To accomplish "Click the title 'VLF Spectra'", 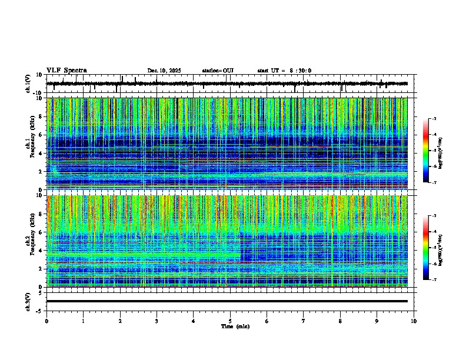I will click(x=66, y=71).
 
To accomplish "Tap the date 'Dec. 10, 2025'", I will click(x=164, y=71).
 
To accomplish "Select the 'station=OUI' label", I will click(x=218, y=71).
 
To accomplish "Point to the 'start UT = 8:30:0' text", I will click(x=284, y=71).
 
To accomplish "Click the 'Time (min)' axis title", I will click(x=235, y=326).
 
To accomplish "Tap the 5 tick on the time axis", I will click(x=230, y=321).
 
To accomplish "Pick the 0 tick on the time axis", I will click(x=46, y=321).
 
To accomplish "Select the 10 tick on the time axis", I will click(x=414, y=321).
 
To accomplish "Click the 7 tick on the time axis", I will click(x=304, y=321).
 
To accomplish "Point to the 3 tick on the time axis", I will click(x=157, y=321).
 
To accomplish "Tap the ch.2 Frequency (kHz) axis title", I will click(x=31, y=241).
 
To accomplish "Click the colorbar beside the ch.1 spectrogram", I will click(x=426, y=151).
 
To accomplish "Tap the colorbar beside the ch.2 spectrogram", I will click(x=426, y=248).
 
